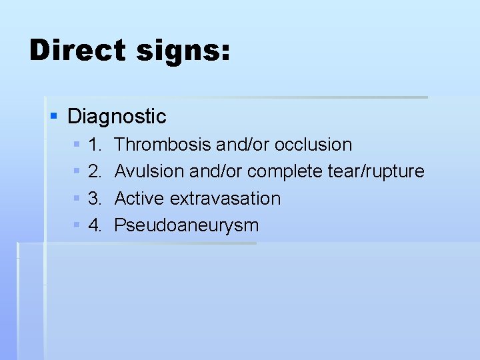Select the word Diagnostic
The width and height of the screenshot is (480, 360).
click(117, 117)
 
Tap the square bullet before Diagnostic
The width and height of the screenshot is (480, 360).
click(55, 117)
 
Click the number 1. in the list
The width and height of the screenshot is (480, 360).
click(95, 145)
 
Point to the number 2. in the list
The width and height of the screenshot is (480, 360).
click(95, 171)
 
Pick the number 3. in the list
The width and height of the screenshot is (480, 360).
click(95, 199)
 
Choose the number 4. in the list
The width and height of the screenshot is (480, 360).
click(95, 225)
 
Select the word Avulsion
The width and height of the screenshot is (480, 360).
click(149, 171)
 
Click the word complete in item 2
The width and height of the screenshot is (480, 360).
click(285, 172)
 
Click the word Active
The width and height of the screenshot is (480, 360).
click(140, 199)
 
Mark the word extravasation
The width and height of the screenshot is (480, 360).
click(225, 199)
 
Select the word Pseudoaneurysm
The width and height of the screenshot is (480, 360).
click(187, 226)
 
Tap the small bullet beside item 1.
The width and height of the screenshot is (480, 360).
click(77, 145)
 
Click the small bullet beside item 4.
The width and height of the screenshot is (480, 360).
click(77, 225)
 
